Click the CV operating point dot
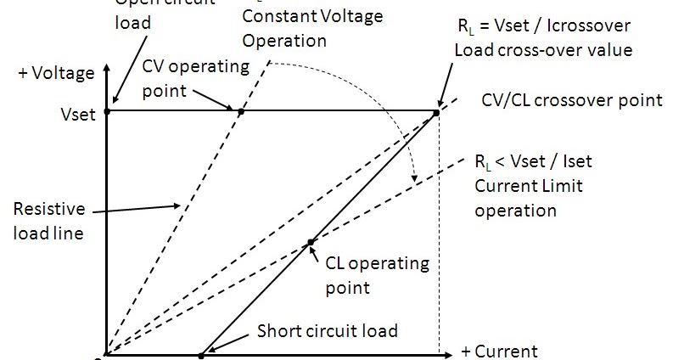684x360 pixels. tap(241, 111)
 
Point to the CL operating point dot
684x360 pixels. tap(311, 242)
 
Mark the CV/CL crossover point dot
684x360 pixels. tap(437, 111)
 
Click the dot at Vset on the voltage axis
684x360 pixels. tap(106, 111)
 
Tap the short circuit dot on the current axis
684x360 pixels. tap(201, 355)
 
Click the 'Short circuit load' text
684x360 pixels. tap(328, 329)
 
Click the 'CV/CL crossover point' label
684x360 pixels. tap(571, 100)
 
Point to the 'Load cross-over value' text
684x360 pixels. tap(543, 50)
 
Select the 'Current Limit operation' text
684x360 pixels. tap(529, 198)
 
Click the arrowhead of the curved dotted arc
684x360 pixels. tap(413, 177)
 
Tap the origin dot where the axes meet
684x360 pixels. tap(104, 356)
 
